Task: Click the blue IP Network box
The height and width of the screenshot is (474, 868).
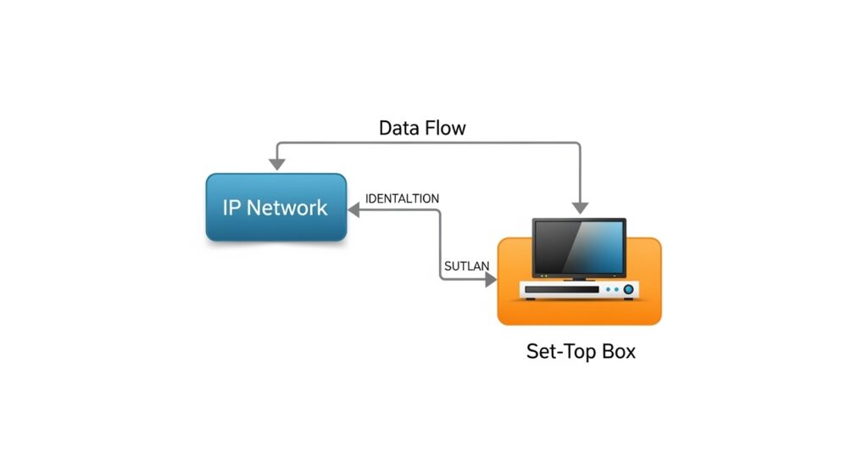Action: [x=275, y=207]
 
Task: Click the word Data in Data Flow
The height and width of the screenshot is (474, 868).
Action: [x=402, y=128]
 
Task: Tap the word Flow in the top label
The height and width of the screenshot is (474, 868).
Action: [x=446, y=128]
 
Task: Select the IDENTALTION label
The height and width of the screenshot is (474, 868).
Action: [x=402, y=198]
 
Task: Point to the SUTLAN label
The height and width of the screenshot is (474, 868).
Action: [x=466, y=266]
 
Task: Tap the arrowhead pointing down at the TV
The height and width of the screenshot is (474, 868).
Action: [x=580, y=206]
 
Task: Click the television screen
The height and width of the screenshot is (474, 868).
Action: [x=579, y=247]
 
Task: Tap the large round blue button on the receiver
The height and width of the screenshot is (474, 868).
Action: [x=628, y=290]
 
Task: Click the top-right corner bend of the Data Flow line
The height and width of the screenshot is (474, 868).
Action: [x=579, y=145]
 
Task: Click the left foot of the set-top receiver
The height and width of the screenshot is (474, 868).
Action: [x=531, y=299]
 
